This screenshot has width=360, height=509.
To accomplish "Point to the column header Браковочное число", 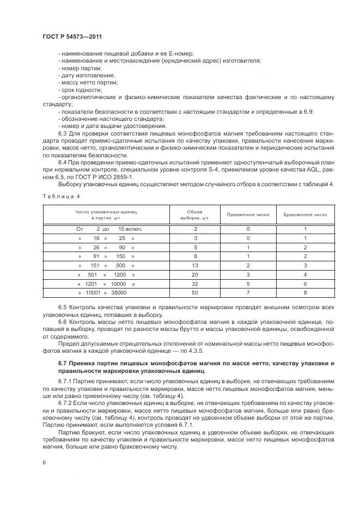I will pos(306,214).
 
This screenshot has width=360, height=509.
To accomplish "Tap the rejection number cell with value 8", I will pos(306,292).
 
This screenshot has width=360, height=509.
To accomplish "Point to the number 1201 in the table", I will pos(91,284).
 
